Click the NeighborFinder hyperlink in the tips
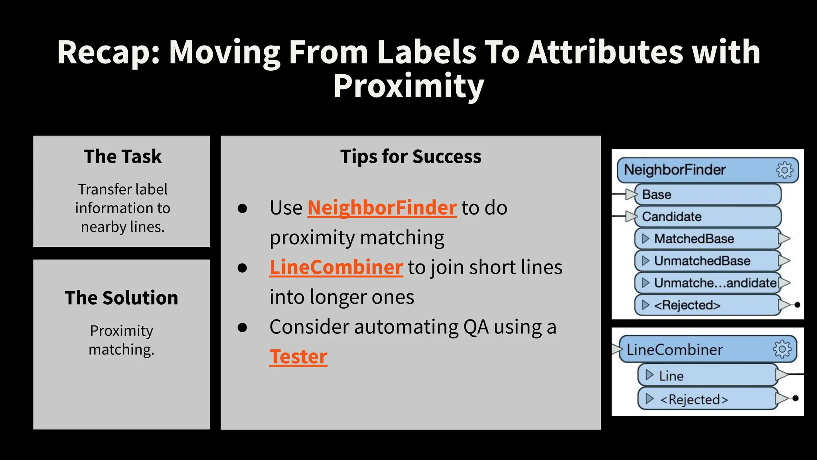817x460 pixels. pyautogui.click(x=382, y=208)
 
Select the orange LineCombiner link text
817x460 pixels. pyautogui.click(x=336, y=267)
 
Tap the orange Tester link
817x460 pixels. pyautogui.click(x=298, y=357)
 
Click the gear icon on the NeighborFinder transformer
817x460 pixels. pyautogui.click(x=784, y=170)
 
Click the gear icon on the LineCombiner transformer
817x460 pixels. pyautogui.click(x=782, y=349)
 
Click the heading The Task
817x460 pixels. pyautogui.click(x=122, y=157)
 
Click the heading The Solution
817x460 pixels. pyautogui.click(x=121, y=298)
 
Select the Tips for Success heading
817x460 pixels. pyautogui.click(x=410, y=157)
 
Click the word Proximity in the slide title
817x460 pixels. pyautogui.click(x=408, y=86)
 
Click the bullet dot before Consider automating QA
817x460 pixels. pyautogui.click(x=242, y=327)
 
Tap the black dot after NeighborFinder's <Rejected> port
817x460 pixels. pyautogui.click(x=797, y=305)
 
